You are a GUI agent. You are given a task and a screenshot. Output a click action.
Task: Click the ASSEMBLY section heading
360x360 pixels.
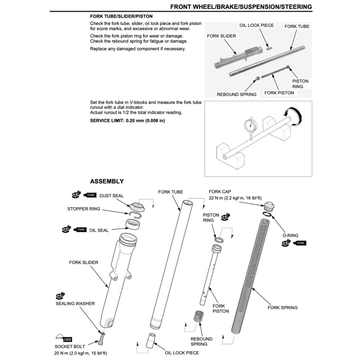(x=107, y=181)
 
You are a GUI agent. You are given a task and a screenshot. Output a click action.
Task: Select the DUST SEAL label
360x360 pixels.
(x=111, y=195)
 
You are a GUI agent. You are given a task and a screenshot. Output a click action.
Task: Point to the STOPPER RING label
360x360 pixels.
(x=84, y=209)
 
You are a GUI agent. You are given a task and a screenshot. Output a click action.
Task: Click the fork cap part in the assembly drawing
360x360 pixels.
(x=270, y=206)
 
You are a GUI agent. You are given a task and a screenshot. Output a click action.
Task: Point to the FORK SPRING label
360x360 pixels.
(x=282, y=308)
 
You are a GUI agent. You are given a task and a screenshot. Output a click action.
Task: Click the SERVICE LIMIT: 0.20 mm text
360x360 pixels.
(x=127, y=121)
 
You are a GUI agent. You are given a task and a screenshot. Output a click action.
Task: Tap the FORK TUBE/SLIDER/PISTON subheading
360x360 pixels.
(x=121, y=16)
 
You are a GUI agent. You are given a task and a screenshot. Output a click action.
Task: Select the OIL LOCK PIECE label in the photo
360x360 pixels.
(x=256, y=25)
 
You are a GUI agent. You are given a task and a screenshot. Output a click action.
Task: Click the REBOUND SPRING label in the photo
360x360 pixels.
(x=237, y=94)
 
